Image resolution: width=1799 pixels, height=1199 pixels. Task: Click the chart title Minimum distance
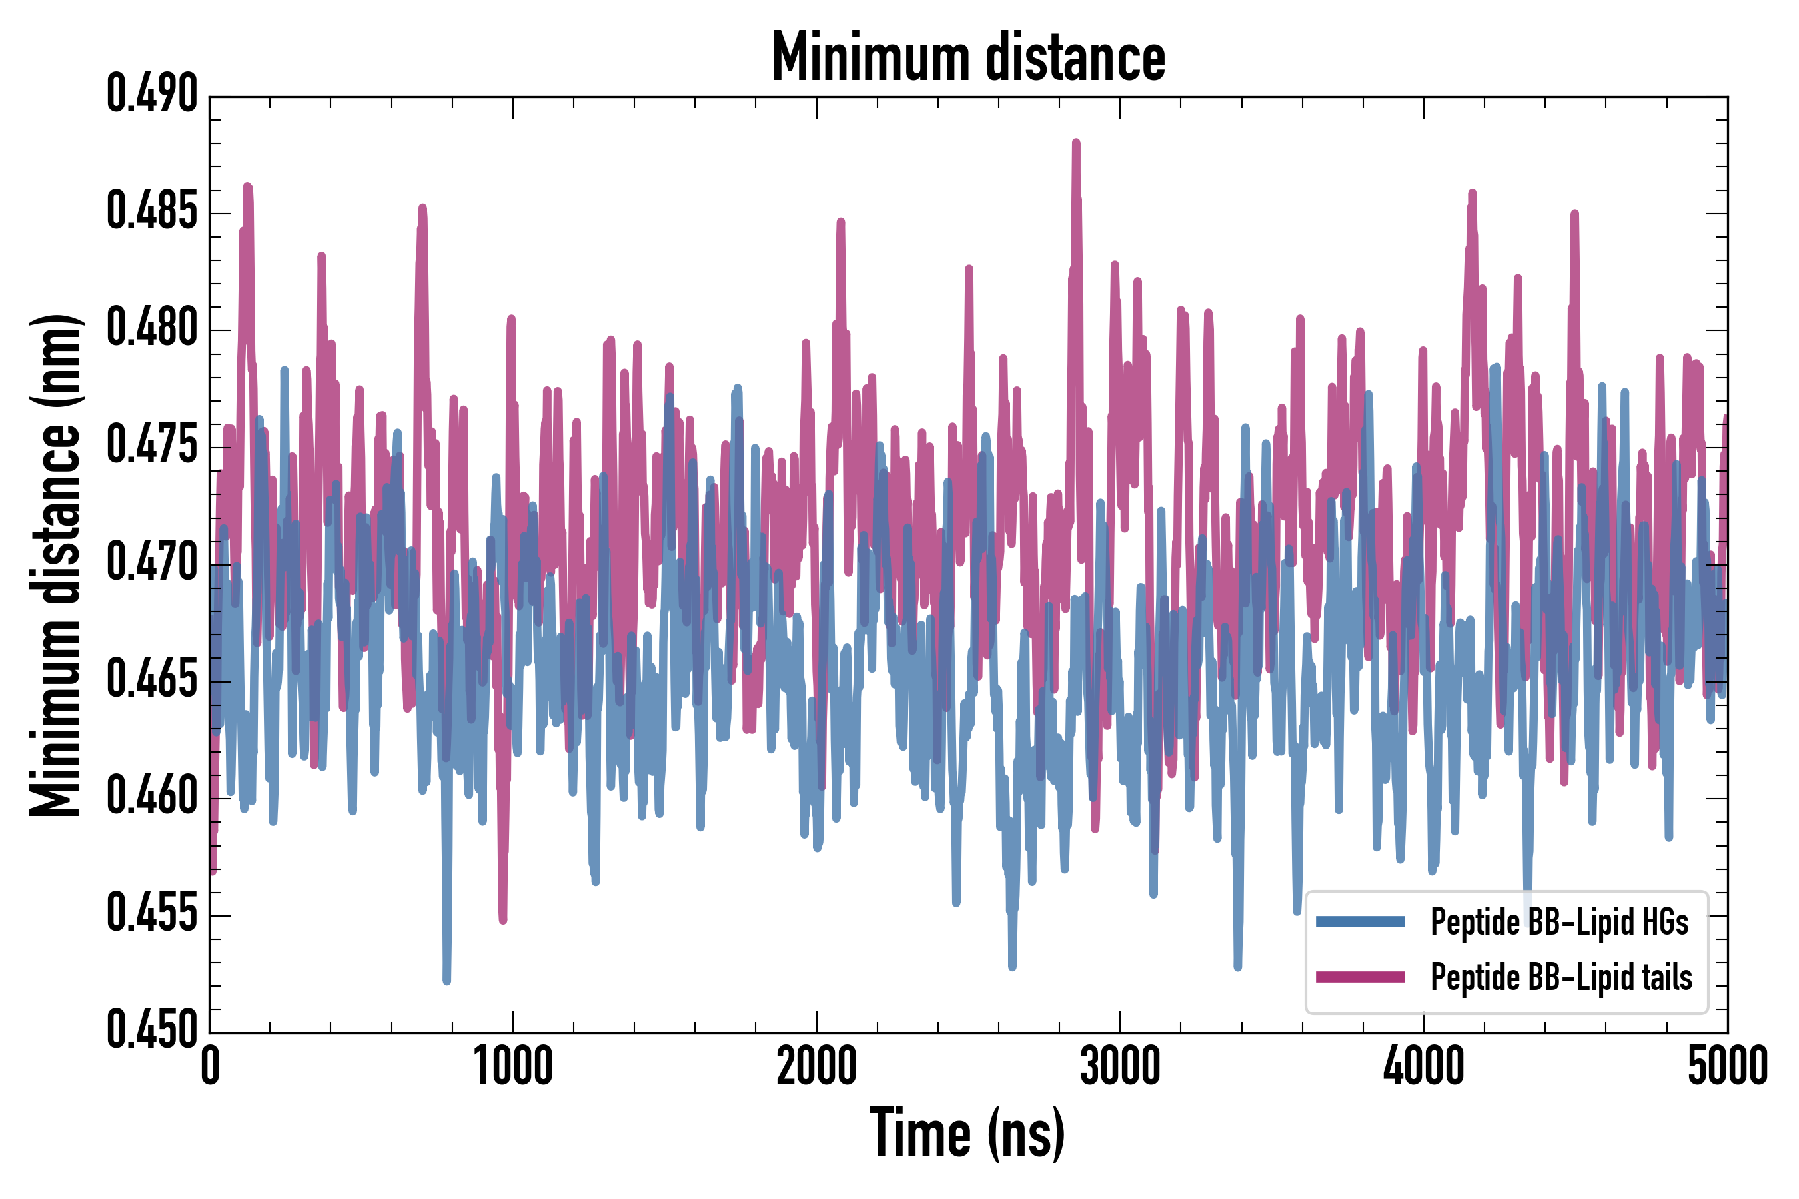pyautogui.click(x=968, y=57)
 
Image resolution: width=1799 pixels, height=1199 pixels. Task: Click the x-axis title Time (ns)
pyautogui.click(x=967, y=1134)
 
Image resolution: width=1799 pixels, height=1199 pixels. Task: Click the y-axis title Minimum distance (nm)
pyautogui.click(x=55, y=565)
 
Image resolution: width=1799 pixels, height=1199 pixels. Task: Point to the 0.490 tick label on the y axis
pyautogui.click(x=152, y=95)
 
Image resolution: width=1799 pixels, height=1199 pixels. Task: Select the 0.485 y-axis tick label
pyautogui.click(x=152, y=212)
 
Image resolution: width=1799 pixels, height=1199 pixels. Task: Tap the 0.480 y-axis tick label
pyautogui.click(x=152, y=329)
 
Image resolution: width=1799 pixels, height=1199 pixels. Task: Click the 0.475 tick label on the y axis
pyautogui.click(x=152, y=446)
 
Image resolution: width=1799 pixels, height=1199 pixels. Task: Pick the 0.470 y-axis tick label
pyautogui.click(x=152, y=564)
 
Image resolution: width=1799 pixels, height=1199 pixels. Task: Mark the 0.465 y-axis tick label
pyautogui.click(x=152, y=681)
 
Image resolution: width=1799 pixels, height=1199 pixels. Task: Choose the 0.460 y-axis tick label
pyautogui.click(x=152, y=797)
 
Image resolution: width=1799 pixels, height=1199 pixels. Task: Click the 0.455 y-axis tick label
pyautogui.click(x=152, y=915)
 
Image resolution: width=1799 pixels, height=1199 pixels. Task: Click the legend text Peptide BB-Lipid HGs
pyautogui.click(x=1560, y=921)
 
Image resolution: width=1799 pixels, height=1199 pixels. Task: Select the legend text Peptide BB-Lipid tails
pyautogui.click(x=1561, y=977)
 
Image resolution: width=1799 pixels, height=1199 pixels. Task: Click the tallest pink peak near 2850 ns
pyautogui.click(x=1076, y=143)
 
